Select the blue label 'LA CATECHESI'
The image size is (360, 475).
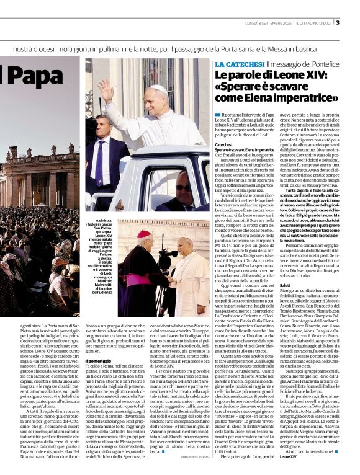(x=238, y=64)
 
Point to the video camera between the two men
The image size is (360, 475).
(x=166, y=255)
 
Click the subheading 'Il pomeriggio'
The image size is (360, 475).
(x=98, y=344)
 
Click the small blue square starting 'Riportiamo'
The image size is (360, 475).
(x=217, y=115)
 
